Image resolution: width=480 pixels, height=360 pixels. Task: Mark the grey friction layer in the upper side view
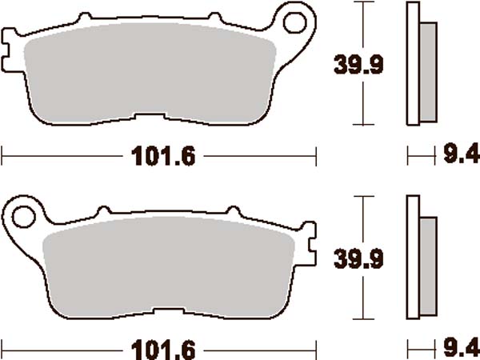[x=429, y=72]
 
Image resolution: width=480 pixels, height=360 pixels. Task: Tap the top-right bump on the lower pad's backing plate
[x=238, y=212]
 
